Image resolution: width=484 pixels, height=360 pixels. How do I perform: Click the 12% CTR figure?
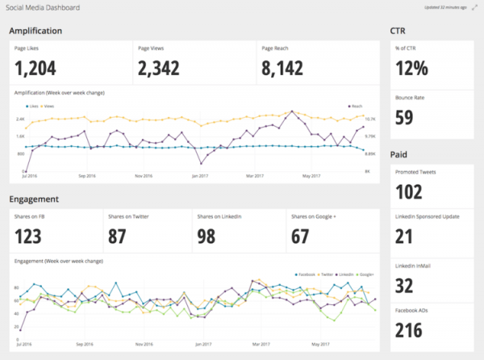[x=413, y=69]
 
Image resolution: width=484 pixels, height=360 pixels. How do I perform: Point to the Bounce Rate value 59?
[x=405, y=118]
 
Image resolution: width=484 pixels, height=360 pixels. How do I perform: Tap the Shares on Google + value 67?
[x=302, y=235]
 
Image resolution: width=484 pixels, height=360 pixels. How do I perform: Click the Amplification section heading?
[x=37, y=31]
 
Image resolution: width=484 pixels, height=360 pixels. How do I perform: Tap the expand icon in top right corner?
[x=473, y=7]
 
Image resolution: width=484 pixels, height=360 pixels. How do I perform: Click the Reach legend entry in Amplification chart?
[x=354, y=106]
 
